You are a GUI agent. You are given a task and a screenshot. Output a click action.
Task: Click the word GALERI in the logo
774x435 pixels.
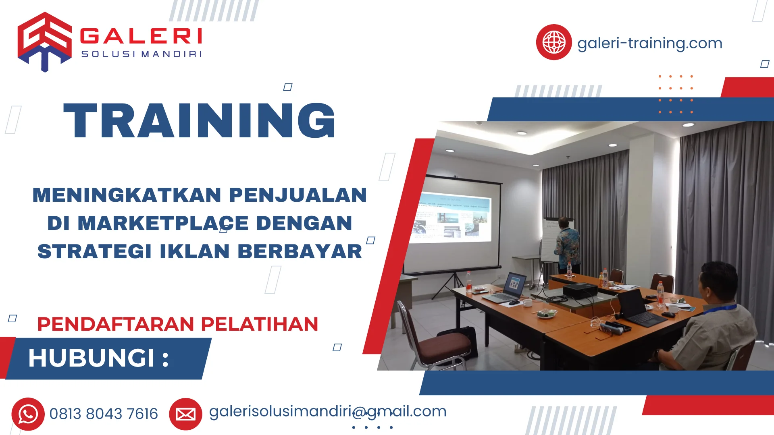click(x=141, y=36)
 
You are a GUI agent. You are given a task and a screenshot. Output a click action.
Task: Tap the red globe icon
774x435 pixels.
click(x=553, y=42)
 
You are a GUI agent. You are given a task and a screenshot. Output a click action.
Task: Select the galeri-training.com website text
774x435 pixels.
click(x=649, y=43)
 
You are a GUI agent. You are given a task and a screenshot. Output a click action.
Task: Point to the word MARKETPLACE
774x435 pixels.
click(x=163, y=223)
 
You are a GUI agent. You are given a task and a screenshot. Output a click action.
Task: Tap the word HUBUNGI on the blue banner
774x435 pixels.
click(x=91, y=358)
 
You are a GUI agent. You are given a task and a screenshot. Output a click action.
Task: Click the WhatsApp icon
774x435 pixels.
click(x=28, y=414)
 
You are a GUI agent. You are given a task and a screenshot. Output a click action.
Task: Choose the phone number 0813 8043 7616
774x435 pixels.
click(x=104, y=414)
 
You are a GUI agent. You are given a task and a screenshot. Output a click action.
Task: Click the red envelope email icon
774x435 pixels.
click(x=185, y=414)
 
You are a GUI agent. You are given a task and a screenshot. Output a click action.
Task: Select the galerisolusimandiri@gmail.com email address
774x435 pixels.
click(x=327, y=411)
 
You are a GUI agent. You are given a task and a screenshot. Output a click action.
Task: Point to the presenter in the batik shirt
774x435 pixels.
click(x=568, y=246)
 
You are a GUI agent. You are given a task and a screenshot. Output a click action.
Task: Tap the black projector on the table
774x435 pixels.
click(x=580, y=290)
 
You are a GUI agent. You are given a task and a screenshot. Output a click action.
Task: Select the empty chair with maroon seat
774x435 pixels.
click(x=435, y=338)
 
